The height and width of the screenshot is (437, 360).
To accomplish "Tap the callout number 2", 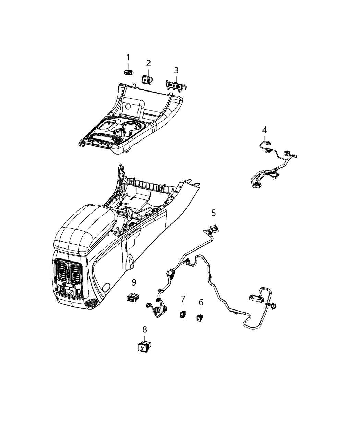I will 148,63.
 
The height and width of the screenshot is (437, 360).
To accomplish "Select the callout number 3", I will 176,70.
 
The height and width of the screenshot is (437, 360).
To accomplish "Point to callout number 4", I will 264,130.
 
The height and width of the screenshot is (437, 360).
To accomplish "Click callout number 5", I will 214,213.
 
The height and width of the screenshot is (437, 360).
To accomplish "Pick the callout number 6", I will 201,302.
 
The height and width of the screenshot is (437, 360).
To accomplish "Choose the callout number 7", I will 183,299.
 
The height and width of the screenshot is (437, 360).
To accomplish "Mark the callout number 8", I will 145,330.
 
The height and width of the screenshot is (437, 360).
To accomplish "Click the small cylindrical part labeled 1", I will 129,72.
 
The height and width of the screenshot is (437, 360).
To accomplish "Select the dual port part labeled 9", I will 132,298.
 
